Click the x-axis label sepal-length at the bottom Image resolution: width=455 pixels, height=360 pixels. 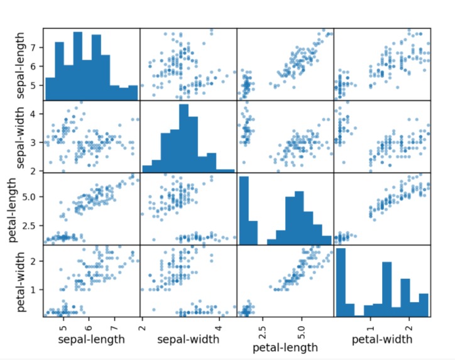click(x=91, y=340)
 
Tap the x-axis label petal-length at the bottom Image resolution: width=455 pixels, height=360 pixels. click(x=284, y=347)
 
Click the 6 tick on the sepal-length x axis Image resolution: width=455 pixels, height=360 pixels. click(x=89, y=327)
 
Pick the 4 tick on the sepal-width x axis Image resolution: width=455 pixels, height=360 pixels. click(x=219, y=327)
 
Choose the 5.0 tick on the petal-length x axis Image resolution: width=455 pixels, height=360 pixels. click(x=301, y=327)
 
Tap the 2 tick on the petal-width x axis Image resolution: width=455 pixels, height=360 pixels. click(x=409, y=327)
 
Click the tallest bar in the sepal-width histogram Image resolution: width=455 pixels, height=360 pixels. click(x=184, y=138)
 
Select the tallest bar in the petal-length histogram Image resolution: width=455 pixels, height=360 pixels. click(x=243, y=210)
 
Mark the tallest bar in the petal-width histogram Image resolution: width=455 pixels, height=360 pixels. click(x=341, y=282)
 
